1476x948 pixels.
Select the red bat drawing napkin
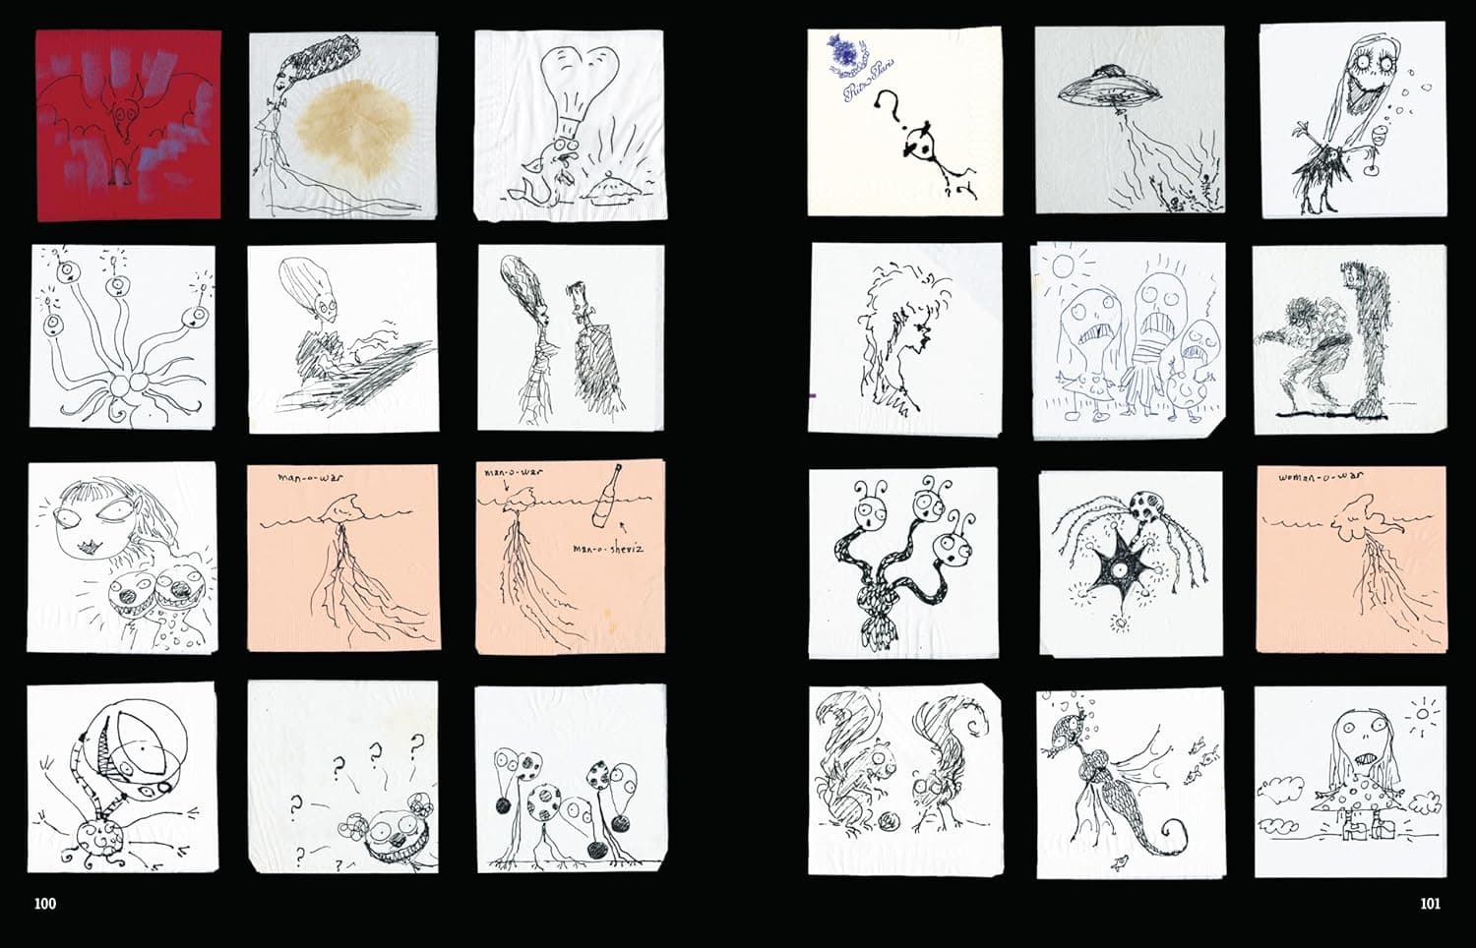129,125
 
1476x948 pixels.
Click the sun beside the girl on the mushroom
1423,711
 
